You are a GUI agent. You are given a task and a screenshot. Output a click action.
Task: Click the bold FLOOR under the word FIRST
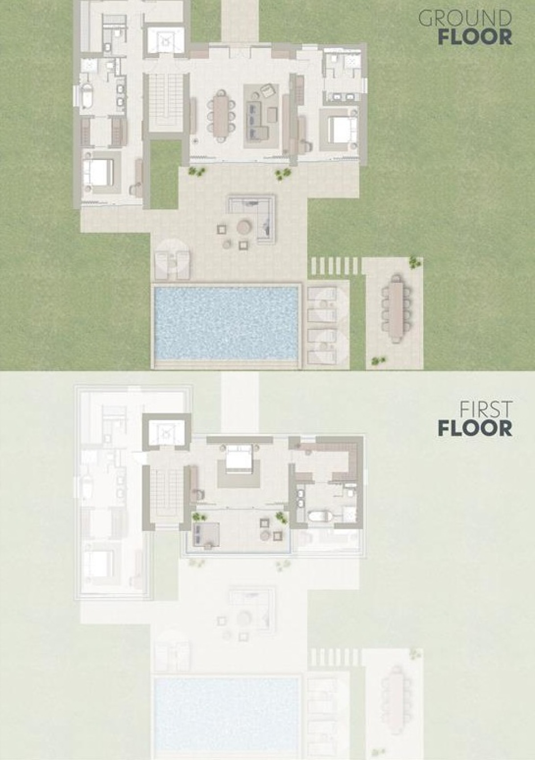475,429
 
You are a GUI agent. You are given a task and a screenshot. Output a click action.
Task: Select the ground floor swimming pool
226,323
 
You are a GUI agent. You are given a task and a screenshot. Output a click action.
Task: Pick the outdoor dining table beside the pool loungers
395,308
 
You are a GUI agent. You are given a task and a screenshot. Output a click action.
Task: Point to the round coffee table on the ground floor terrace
243,226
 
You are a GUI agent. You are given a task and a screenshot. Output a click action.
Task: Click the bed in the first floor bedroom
239,456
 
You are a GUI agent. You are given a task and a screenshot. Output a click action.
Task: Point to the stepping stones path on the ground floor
334,266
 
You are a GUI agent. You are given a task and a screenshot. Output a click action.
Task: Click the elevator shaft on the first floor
166,431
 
